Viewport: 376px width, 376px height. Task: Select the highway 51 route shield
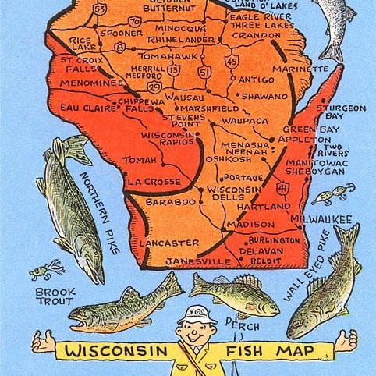(x=204, y=72)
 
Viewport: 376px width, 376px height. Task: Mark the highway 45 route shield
(x=232, y=60)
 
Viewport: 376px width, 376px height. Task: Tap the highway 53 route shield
(x=99, y=9)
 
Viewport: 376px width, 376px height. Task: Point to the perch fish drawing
(x=245, y=295)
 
